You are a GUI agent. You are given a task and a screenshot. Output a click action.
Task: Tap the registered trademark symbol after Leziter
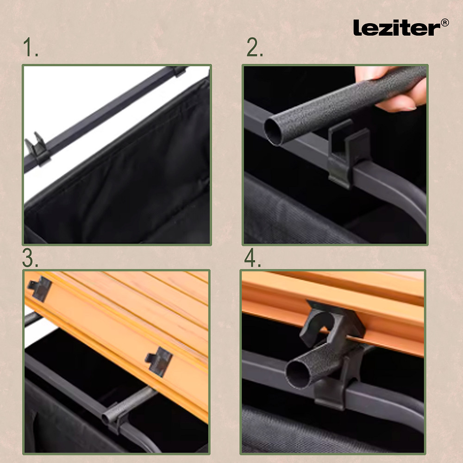pyautogui.click(x=444, y=23)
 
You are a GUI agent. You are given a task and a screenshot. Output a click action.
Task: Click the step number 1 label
pyautogui.click(x=31, y=48)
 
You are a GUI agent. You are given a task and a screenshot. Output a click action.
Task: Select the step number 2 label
pyautogui.click(x=255, y=48)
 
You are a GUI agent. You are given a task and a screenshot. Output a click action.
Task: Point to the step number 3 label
pyautogui.click(x=30, y=259)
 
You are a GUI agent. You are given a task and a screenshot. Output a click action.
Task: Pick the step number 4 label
pyautogui.click(x=253, y=259)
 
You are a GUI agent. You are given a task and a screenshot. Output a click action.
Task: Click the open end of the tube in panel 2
pyautogui.click(x=273, y=131)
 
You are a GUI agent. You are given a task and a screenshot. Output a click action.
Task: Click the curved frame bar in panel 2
pyautogui.click(x=407, y=199)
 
